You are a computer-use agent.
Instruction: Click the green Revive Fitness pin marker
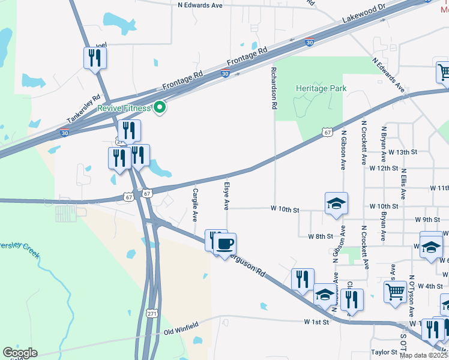pyautogui.click(x=159, y=108)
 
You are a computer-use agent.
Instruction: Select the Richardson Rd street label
pyautogui.click(x=274, y=88)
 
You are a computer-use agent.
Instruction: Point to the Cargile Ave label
pyautogui.click(x=195, y=204)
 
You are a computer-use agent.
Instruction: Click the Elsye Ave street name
pyautogui.click(x=227, y=196)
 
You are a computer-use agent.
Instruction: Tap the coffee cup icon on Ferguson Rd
pyautogui.click(x=225, y=244)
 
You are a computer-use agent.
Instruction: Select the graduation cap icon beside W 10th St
pyautogui.click(x=336, y=203)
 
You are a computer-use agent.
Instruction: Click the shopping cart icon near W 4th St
pyautogui.click(x=395, y=291)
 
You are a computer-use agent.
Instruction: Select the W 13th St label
pyautogui.click(x=402, y=152)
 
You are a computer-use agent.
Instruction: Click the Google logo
pyautogui.click(x=20, y=353)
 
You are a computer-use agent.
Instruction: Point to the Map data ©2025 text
pyautogui.click(x=423, y=355)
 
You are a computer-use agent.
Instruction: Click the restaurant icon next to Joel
pyautogui.click(x=94, y=58)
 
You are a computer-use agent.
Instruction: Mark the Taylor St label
pyautogui.click(x=384, y=352)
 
